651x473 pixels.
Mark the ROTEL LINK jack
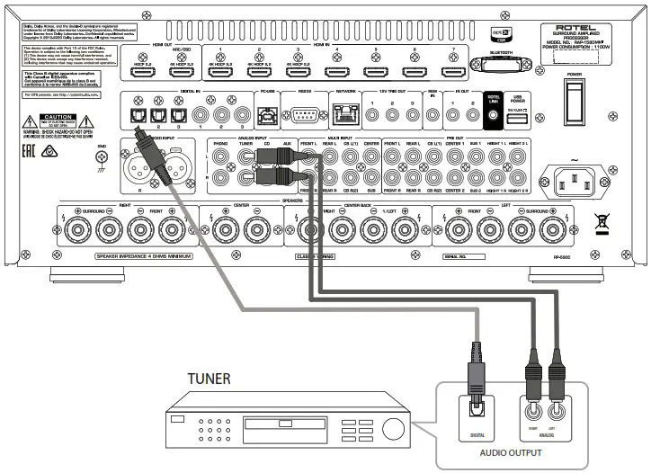point(492,114)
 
